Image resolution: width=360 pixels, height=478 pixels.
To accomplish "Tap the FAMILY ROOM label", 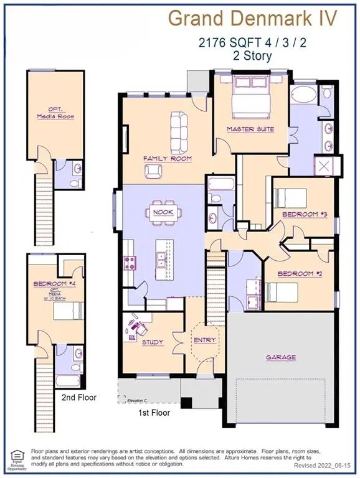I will (168, 159).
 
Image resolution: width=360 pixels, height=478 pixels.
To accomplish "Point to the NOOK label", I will (164, 212).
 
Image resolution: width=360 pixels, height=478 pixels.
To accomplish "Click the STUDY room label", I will (152, 342).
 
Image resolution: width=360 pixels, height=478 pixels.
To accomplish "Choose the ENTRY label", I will (204, 340).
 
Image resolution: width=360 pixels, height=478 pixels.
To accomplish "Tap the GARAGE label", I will (280, 357).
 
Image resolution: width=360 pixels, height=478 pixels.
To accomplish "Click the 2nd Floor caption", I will (78, 396).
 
